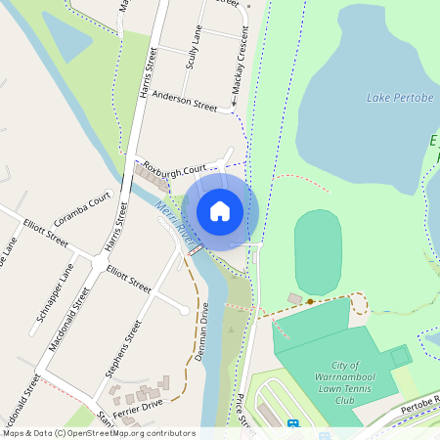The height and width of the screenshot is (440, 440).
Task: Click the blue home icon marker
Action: click(x=220, y=210)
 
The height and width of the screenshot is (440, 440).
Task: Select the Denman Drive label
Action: click(x=202, y=331)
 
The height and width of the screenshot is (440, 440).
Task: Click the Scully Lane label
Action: click(x=193, y=48)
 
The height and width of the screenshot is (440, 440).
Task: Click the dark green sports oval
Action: click(x=318, y=252)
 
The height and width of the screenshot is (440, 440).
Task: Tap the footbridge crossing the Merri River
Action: click(x=196, y=250)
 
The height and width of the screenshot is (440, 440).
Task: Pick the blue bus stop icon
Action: click(x=292, y=424)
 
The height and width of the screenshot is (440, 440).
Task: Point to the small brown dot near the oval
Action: click(x=310, y=302)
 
